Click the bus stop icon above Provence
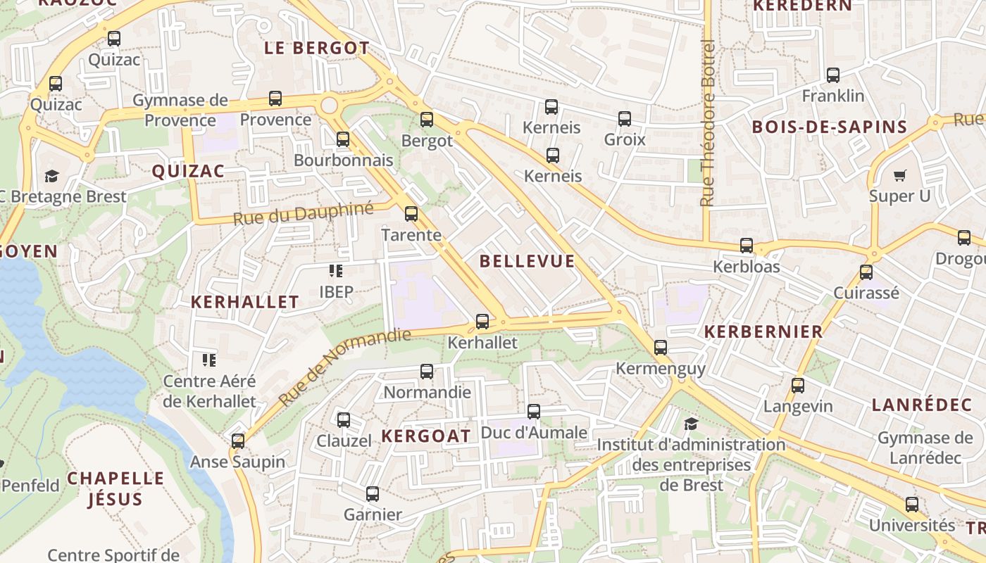[x=275, y=99]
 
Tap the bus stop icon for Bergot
[x=427, y=120]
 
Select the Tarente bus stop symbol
[x=411, y=214]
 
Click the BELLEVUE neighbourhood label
[x=528, y=261]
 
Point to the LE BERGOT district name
[x=316, y=48]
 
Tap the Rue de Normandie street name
[x=344, y=367]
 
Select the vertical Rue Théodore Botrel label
[x=708, y=123]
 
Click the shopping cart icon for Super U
[x=899, y=175]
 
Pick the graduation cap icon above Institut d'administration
[x=691, y=424]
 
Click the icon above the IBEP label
[x=336, y=271]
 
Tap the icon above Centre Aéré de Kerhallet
[x=209, y=360]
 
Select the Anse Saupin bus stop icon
[x=238, y=441]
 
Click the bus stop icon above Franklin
[x=833, y=75]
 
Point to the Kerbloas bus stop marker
[x=747, y=246]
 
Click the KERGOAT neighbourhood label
[x=426, y=436]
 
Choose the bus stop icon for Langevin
[x=798, y=386]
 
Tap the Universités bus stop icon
[x=912, y=505]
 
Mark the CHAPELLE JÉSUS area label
[x=116, y=488]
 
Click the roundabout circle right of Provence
[x=329, y=106]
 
